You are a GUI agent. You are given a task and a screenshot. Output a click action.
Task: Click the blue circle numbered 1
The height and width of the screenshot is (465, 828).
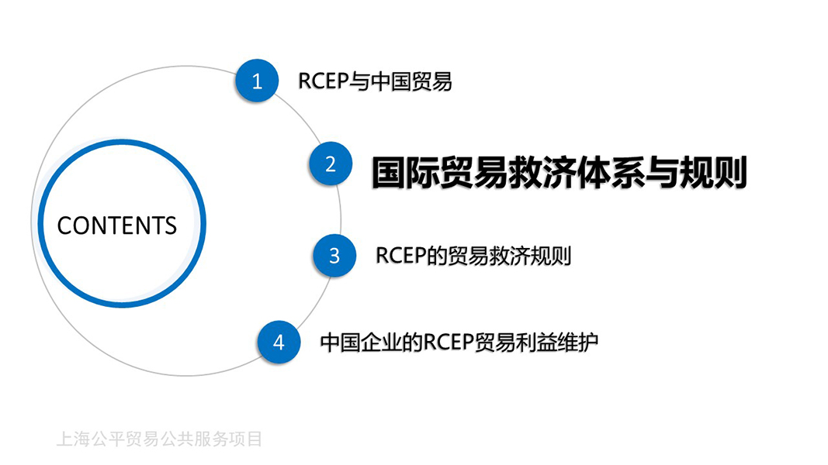(x=257, y=81)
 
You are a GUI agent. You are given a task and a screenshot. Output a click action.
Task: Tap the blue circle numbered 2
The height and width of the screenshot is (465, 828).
(x=331, y=164)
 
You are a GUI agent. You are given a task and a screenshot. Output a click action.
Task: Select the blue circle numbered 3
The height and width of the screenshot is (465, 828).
(x=334, y=256)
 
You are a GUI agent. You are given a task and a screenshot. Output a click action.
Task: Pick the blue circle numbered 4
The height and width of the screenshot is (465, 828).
(x=279, y=342)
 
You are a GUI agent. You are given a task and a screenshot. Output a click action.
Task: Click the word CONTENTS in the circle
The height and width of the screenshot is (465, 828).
(x=116, y=226)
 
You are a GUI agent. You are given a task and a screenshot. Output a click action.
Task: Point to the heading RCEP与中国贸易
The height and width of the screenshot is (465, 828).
(x=375, y=81)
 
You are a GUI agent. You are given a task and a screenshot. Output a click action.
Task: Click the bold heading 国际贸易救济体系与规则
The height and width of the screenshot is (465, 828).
(x=560, y=172)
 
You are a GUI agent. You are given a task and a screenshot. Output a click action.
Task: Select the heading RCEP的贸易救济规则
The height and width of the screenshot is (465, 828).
(x=473, y=256)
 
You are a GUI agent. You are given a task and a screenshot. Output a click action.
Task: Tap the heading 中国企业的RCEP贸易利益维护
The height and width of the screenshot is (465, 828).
(x=459, y=342)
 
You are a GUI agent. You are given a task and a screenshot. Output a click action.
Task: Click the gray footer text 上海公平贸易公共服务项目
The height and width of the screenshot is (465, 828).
(x=159, y=439)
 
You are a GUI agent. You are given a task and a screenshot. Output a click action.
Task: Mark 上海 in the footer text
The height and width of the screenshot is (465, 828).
(x=73, y=439)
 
